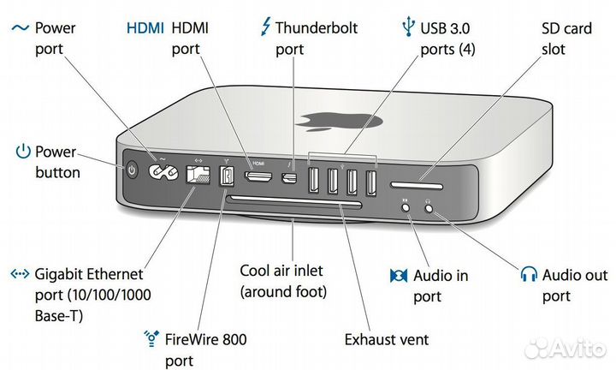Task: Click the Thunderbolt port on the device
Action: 292,179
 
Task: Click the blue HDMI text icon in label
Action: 145,27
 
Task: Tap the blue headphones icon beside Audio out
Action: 529,275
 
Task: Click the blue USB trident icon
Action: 406,28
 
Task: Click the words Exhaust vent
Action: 386,340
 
